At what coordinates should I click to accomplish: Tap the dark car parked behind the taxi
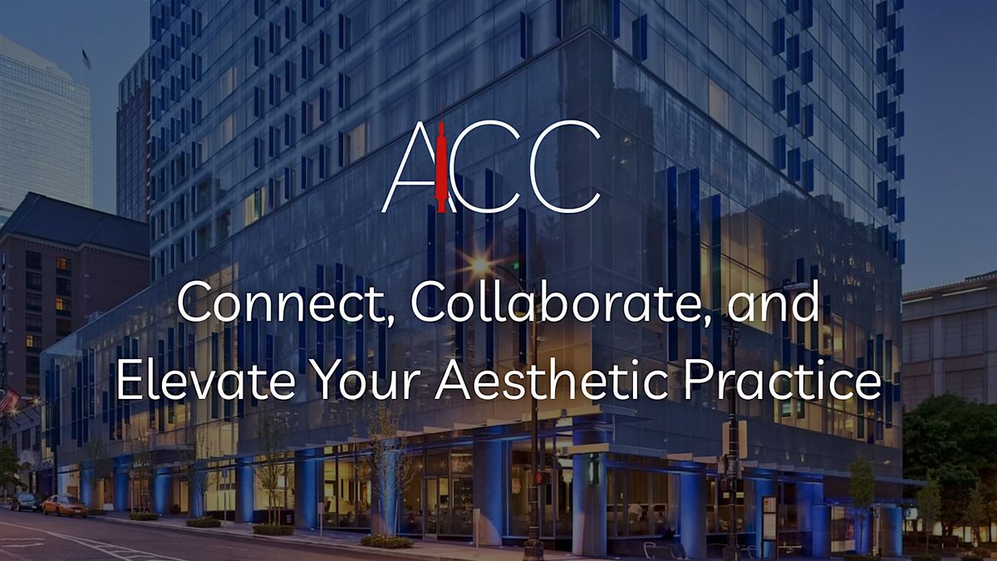24,501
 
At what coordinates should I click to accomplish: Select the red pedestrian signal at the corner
539,479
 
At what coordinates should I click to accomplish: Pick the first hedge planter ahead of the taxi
144,516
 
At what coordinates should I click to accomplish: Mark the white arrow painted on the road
21,541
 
